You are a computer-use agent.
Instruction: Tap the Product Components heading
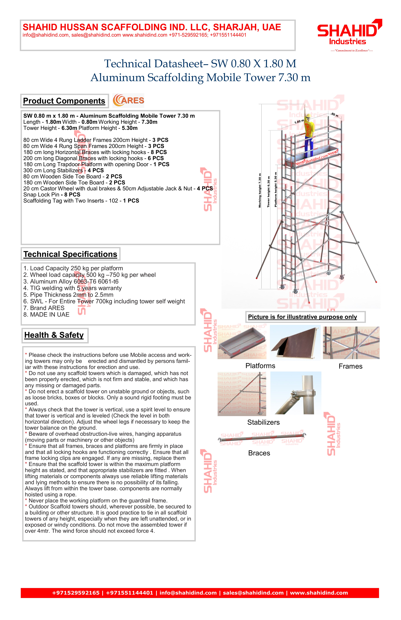[64, 101]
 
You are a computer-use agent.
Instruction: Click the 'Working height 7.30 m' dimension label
[260, 190]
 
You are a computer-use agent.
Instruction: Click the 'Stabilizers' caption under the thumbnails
[263, 422]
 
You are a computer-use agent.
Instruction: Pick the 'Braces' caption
[259, 453]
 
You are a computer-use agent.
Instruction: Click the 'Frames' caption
[350, 366]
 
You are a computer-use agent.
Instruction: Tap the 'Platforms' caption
[260, 366]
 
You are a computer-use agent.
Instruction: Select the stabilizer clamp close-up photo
[296, 393]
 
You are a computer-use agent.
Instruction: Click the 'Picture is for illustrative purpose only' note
[302, 317]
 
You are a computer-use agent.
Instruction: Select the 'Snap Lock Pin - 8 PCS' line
[52, 195]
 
